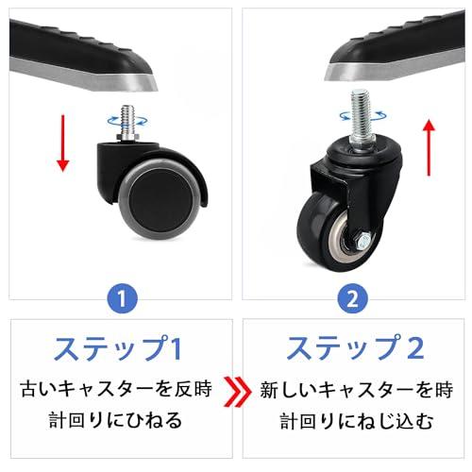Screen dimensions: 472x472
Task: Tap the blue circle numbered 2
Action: (x=351, y=298)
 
